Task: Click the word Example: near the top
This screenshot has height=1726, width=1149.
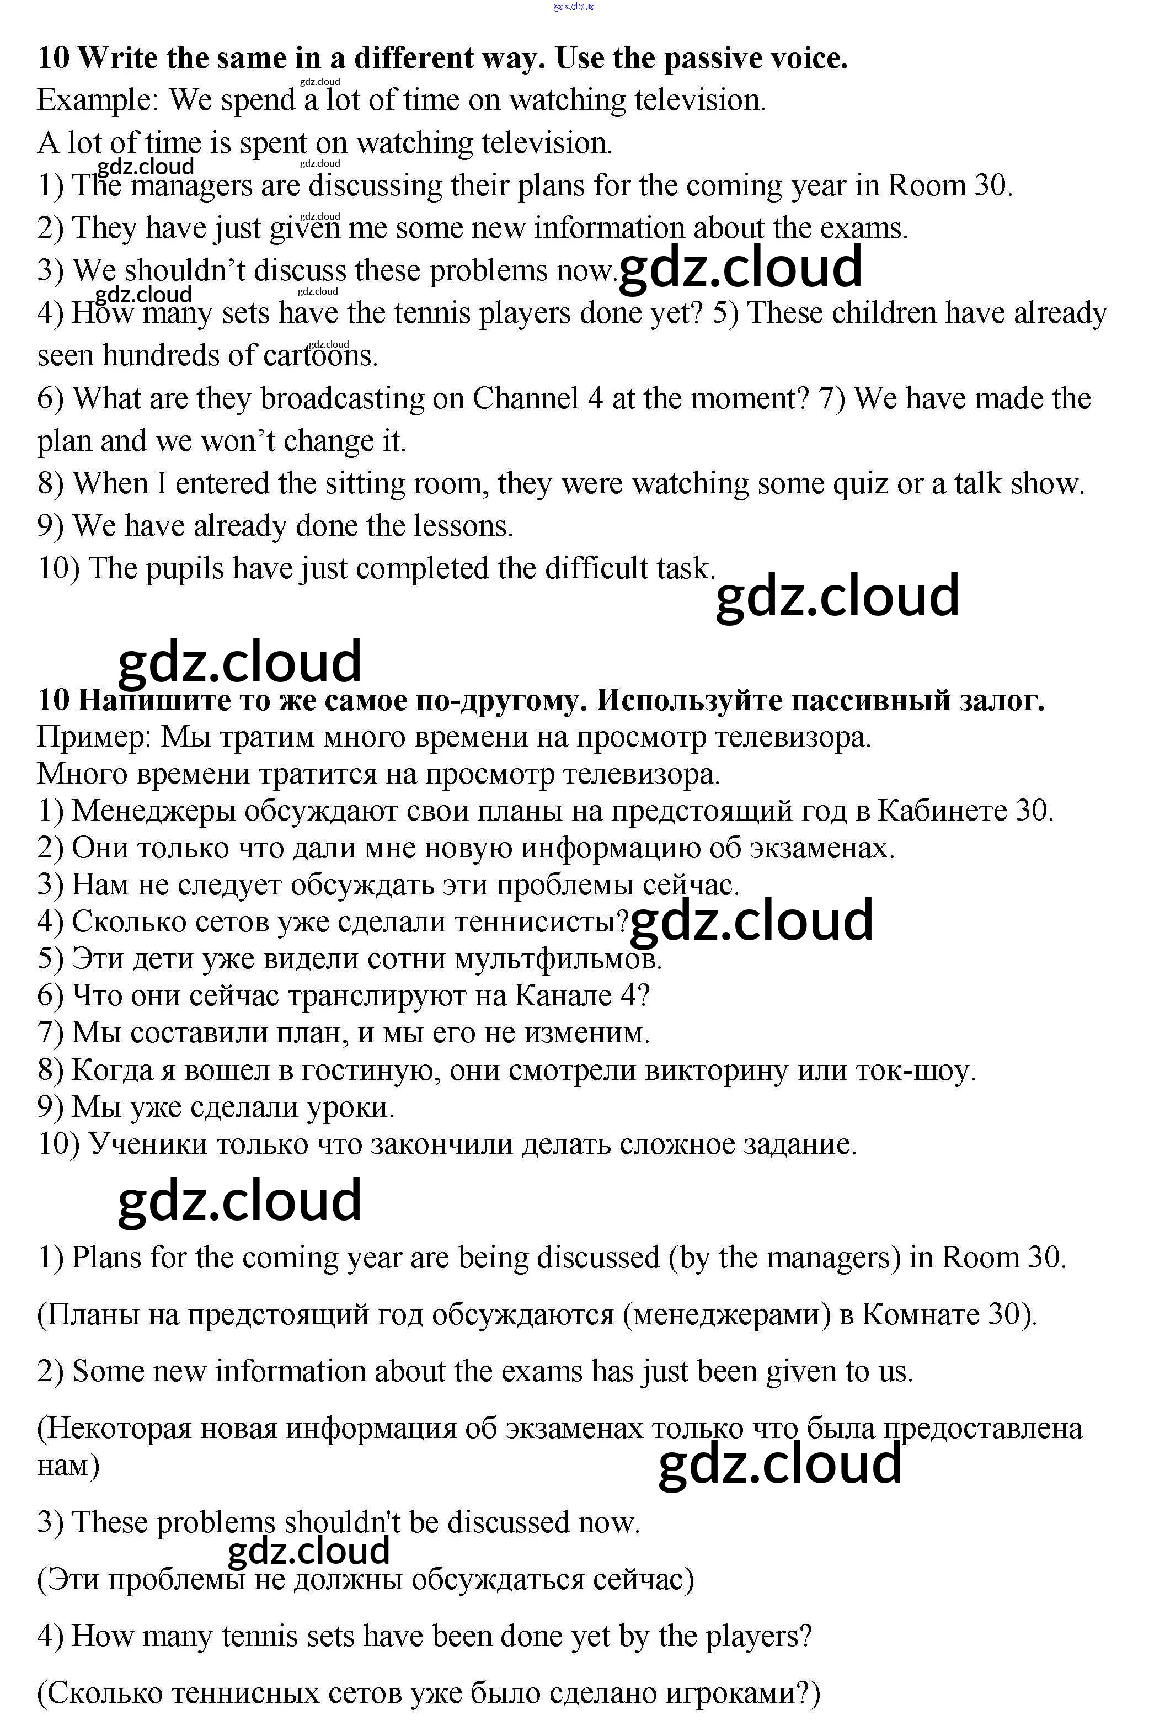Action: pyautogui.click(x=98, y=100)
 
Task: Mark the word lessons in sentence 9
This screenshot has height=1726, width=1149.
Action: pyautogui.click(x=464, y=526)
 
